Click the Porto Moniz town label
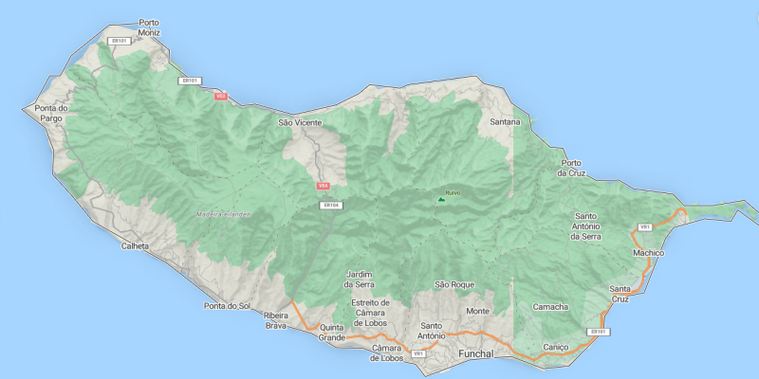tap(149, 27)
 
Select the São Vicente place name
tap(300, 123)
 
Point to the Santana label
tap(505, 123)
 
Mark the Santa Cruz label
tap(620, 294)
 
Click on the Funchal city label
tap(475, 353)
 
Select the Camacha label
tap(550, 307)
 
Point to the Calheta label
tap(135, 246)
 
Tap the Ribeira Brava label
tap(275, 320)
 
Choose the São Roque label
tap(454, 284)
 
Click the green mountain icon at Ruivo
tap(441, 199)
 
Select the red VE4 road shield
tap(323, 187)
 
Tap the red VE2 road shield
tap(221, 96)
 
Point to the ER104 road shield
tap(331, 205)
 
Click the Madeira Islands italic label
tap(224, 214)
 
